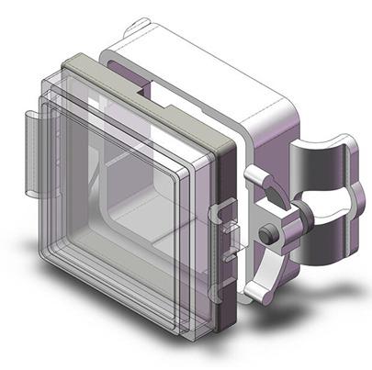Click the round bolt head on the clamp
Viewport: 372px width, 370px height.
pos(266,235)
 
